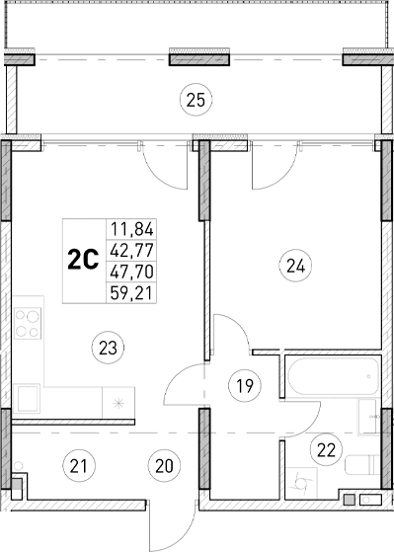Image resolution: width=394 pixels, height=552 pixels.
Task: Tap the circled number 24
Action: click(x=293, y=264)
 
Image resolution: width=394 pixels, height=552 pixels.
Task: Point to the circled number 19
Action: click(x=242, y=386)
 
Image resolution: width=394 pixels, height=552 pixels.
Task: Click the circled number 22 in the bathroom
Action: click(x=327, y=448)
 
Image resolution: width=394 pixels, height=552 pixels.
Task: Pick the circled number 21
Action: click(x=74, y=463)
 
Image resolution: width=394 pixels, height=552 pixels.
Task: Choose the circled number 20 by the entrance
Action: click(x=164, y=463)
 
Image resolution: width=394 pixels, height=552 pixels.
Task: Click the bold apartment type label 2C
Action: click(x=81, y=259)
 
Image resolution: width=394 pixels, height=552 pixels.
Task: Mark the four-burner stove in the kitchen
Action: click(x=28, y=326)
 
